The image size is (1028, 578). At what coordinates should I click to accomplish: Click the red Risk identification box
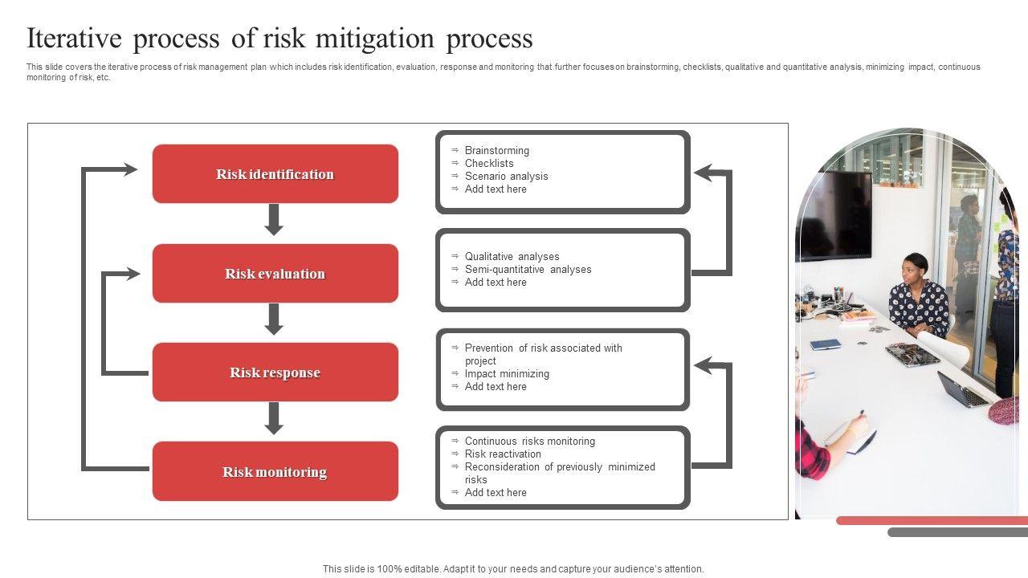click(x=275, y=174)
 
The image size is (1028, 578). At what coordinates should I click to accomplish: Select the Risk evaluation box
click(x=275, y=274)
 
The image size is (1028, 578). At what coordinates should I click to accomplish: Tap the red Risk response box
click(x=275, y=372)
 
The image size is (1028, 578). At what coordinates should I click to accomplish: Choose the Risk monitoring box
click(x=275, y=472)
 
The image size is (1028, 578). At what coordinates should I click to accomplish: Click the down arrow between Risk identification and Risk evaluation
click(x=275, y=220)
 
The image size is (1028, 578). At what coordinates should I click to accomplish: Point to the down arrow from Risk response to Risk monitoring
click(x=275, y=418)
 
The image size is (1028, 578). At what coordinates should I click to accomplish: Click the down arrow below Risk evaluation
click(x=275, y=320)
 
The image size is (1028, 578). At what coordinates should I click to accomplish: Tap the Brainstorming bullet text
click(x=496, y=151)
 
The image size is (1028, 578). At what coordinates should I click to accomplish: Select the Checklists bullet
click(x=488, y=164)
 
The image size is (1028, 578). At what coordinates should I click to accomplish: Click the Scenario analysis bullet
click(x=506, y=177)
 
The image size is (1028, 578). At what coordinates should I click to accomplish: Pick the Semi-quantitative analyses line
click(x=528, y=270)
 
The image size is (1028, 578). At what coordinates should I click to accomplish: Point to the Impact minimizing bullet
click(x=507, y=374)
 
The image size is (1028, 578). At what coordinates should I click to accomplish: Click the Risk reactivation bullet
click(x=503, y=454)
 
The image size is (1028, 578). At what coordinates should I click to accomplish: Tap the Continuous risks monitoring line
click(x=529, y=442)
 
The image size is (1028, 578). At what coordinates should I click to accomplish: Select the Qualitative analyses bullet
click(x=512, y=257)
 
